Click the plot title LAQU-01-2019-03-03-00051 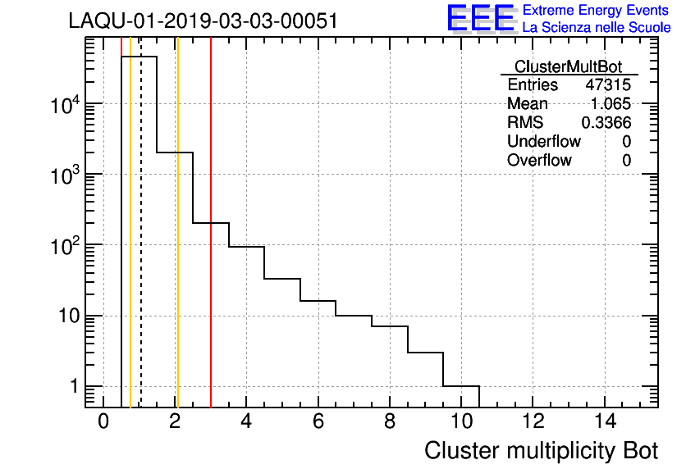point(204,21)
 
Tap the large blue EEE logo point(481,18)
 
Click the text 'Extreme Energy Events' point(597,11)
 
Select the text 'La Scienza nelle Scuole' point(597,28)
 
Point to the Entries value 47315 point(608,85)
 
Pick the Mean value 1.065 point(611,104)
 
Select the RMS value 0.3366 point(606,123)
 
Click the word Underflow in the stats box point(544,142)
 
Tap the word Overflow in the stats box point(539,161)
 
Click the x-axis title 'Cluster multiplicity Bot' point(542,451)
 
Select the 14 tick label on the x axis point(604,421)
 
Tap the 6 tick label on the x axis point(318,421)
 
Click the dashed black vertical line point(140,230)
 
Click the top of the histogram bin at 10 point(461,386)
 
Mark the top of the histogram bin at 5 point(282,279)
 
